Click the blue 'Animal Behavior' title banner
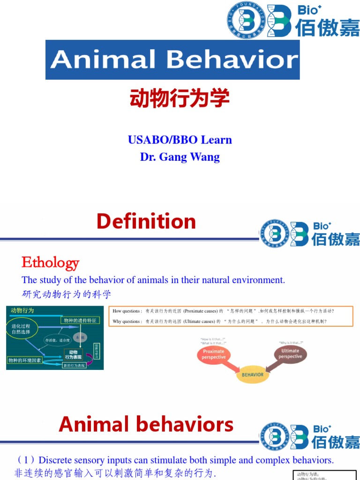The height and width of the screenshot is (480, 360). [x=172, y=60]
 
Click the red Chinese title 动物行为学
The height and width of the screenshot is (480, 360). [x=180, y=99]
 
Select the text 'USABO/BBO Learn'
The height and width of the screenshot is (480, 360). [x=180, y=140]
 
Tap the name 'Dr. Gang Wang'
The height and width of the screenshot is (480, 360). [x=180, y=157]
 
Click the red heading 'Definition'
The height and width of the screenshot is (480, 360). [x=146, y=221]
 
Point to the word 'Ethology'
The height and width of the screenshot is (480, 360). [x=50, y=262]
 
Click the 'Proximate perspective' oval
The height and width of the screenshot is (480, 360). [x=213, y=354]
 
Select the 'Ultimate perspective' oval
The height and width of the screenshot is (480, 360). [x=290, y=354]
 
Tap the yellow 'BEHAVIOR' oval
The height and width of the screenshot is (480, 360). [x=252, y=375]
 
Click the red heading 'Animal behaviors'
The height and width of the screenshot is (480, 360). [x=146, y=425]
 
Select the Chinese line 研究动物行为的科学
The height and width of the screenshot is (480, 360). [x=67, y=294]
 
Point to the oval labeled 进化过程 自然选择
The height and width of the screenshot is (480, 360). [x=22, y=329]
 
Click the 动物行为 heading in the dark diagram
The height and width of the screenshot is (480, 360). [x=22, y=310]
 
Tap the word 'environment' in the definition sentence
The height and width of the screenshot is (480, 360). [x=258, y=280]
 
